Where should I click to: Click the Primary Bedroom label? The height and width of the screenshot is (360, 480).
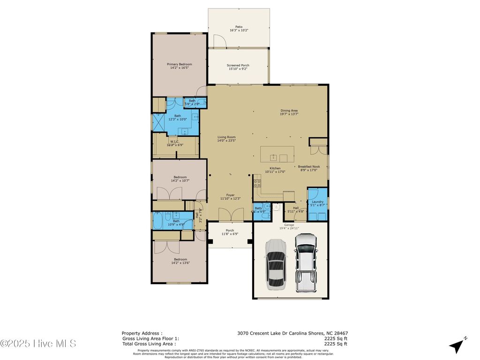click(x=180, y=64)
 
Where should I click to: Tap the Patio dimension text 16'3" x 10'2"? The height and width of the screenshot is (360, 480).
click(x=239, y=30)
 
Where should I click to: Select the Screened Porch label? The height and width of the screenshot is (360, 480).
click(x=238, y=66)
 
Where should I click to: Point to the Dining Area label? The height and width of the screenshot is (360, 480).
click(x=289, y=110)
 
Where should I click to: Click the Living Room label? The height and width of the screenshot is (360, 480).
click(x=226, y=137)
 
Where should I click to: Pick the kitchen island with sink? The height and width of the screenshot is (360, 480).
click(x=277, y=154)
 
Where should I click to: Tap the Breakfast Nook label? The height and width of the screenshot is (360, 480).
click(x=309, y=166)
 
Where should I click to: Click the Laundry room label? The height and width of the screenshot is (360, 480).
click(x=317, y=202)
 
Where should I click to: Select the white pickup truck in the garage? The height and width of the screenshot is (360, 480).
click(x=305, y=262)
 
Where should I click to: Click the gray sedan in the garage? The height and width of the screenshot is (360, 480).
click(x=275, y=264)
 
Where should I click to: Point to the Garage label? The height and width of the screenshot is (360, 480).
click(x=289, y=225)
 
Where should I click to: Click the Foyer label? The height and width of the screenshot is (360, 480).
click(x=230, y=195)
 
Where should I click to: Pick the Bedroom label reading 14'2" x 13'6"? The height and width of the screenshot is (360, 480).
click(x=180, y=261)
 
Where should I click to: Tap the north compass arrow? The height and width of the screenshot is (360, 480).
click(x=456, y=346)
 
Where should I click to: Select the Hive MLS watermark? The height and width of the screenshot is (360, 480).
click(x=38, y=344)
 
